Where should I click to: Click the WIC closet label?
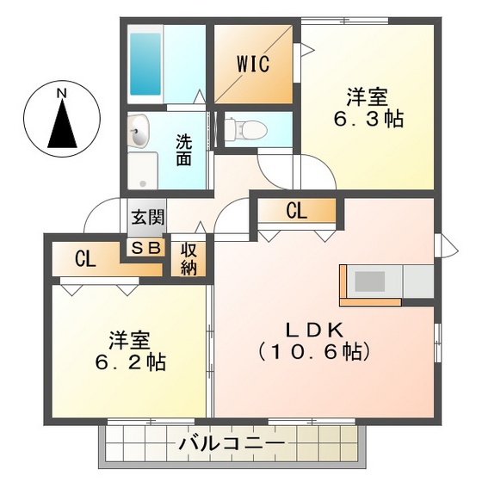[254, 63]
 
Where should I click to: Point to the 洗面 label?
[184, 148]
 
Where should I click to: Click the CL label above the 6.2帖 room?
[84, 258]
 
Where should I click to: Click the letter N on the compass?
[61, 92]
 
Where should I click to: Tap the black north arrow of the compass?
[61, 123]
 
